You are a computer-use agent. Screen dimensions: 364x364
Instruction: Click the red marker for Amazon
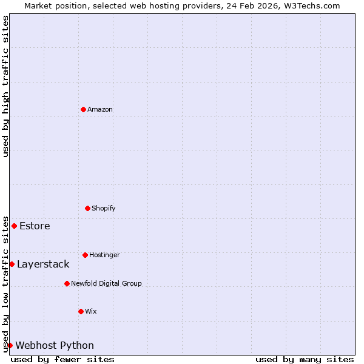[83, 109]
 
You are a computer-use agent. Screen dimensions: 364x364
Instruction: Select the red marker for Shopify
[87, 208]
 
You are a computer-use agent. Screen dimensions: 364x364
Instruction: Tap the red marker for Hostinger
[85, 255]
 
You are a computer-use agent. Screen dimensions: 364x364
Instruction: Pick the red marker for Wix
[81, 311]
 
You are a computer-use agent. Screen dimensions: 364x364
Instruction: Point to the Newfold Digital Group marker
[67, 283]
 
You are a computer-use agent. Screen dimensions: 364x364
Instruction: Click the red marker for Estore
[14, 226]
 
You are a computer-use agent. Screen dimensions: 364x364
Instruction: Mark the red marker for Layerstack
[12, 264]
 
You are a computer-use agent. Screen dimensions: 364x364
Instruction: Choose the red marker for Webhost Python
[10, 345]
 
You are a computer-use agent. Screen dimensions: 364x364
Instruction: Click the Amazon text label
[100, 109]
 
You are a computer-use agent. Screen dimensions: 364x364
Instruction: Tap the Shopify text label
[104, 208]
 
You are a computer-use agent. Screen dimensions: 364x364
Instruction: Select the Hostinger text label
[104, 255]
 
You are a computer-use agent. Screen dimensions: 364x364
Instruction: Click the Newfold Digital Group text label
[106, 283]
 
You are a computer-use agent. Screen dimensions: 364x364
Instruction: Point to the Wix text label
[91, 311]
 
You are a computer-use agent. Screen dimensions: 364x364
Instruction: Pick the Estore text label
[35, 226]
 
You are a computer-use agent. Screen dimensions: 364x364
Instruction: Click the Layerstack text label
[43, 264]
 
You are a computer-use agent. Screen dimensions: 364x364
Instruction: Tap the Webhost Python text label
[55, 346]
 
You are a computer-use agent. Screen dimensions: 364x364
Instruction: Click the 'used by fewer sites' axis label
[62, 359]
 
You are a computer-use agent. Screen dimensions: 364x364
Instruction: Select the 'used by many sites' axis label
[305, 359]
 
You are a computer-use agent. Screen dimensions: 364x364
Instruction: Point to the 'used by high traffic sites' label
[5, 86]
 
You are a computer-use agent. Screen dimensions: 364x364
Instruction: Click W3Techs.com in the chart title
[313, 5]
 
